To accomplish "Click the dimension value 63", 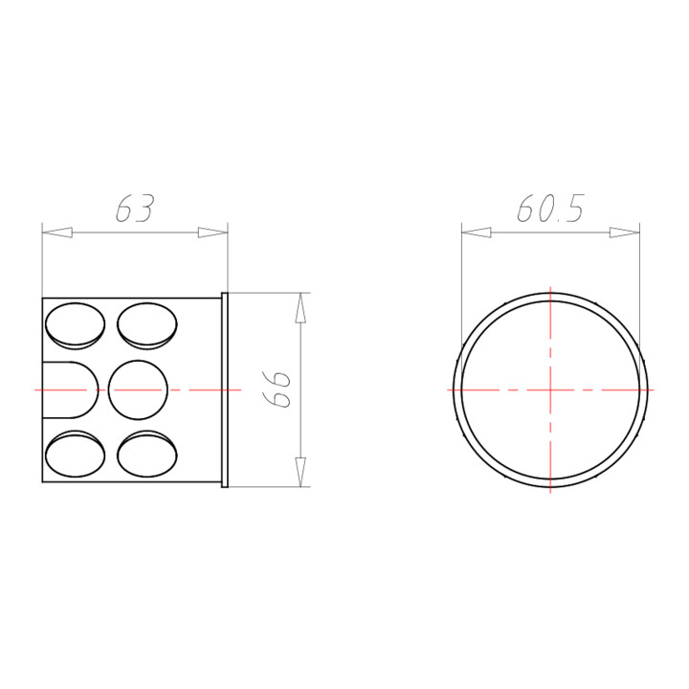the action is click(135, 208).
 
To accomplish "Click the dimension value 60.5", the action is click(550, 208).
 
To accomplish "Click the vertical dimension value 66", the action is click(277, 389).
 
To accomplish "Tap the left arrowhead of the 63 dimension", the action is click(57, 233).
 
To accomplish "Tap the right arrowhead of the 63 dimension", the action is click(212, 233).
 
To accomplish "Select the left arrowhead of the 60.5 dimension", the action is click(477, 233).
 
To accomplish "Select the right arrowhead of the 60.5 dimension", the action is click(624, 233).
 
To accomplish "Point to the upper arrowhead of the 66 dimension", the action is click(300, 307).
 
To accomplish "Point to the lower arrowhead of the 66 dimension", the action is click(300, 472).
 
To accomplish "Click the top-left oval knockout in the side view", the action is click(76, 325).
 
